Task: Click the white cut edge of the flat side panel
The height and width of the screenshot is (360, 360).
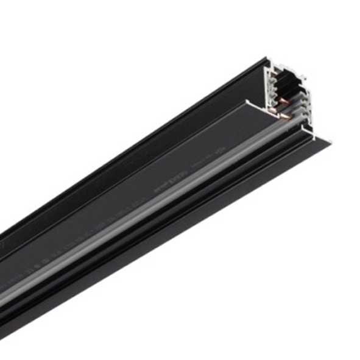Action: pos(251,101)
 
